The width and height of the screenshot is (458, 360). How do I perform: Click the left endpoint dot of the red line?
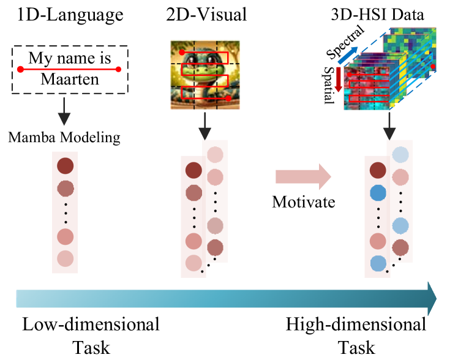[20, 69]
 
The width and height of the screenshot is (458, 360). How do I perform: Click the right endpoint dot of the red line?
[118, 69]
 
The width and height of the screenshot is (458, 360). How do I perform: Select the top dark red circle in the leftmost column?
[65, 166]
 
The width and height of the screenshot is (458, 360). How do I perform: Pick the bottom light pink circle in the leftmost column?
[65, 258]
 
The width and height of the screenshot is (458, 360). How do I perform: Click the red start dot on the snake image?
[182, 53]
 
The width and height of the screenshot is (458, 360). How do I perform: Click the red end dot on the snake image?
[228, 98]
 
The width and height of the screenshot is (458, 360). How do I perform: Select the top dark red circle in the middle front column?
[193, 170]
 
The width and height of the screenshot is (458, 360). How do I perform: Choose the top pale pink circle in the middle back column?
[215, 154]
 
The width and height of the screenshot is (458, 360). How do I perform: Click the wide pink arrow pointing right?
[303, 176]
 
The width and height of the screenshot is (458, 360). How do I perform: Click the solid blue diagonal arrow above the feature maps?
[348, 55]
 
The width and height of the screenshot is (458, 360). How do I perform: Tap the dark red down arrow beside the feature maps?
[338, 80]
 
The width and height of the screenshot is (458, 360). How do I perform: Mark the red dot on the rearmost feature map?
[432, 66]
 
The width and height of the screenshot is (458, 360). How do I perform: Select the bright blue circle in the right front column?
[378, 193]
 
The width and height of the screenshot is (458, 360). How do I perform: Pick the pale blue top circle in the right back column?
[400, 154]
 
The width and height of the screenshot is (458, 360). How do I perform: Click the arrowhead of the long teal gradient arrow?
[432, 298]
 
